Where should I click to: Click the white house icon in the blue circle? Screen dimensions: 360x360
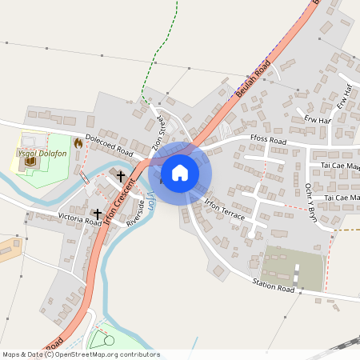tap(180, 173)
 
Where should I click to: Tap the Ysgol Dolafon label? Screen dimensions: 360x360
tap(35, 151)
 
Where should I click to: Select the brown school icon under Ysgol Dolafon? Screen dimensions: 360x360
tap(31, 162)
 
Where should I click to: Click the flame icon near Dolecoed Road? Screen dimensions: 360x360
tap(78, 142)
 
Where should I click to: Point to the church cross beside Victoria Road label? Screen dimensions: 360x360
tap(98, 214)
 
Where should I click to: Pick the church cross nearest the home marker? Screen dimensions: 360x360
tap(122, 175)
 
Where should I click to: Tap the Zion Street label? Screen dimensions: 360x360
tap(157, 134)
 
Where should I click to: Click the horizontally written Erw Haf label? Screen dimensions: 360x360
tap(317, 120)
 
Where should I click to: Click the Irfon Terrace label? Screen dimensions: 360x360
tap(224, 210)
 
